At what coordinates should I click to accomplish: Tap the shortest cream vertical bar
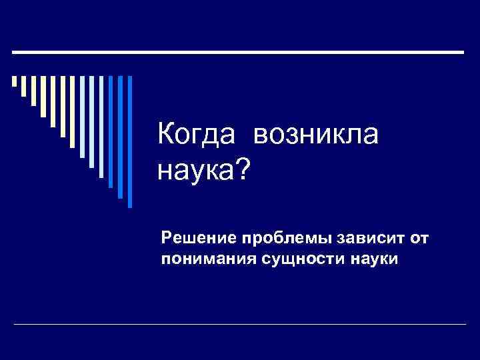(x=14, y=82)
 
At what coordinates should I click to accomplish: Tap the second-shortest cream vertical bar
(x=24, y=87)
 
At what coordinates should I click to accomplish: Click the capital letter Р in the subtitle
(x=166, y=237)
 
